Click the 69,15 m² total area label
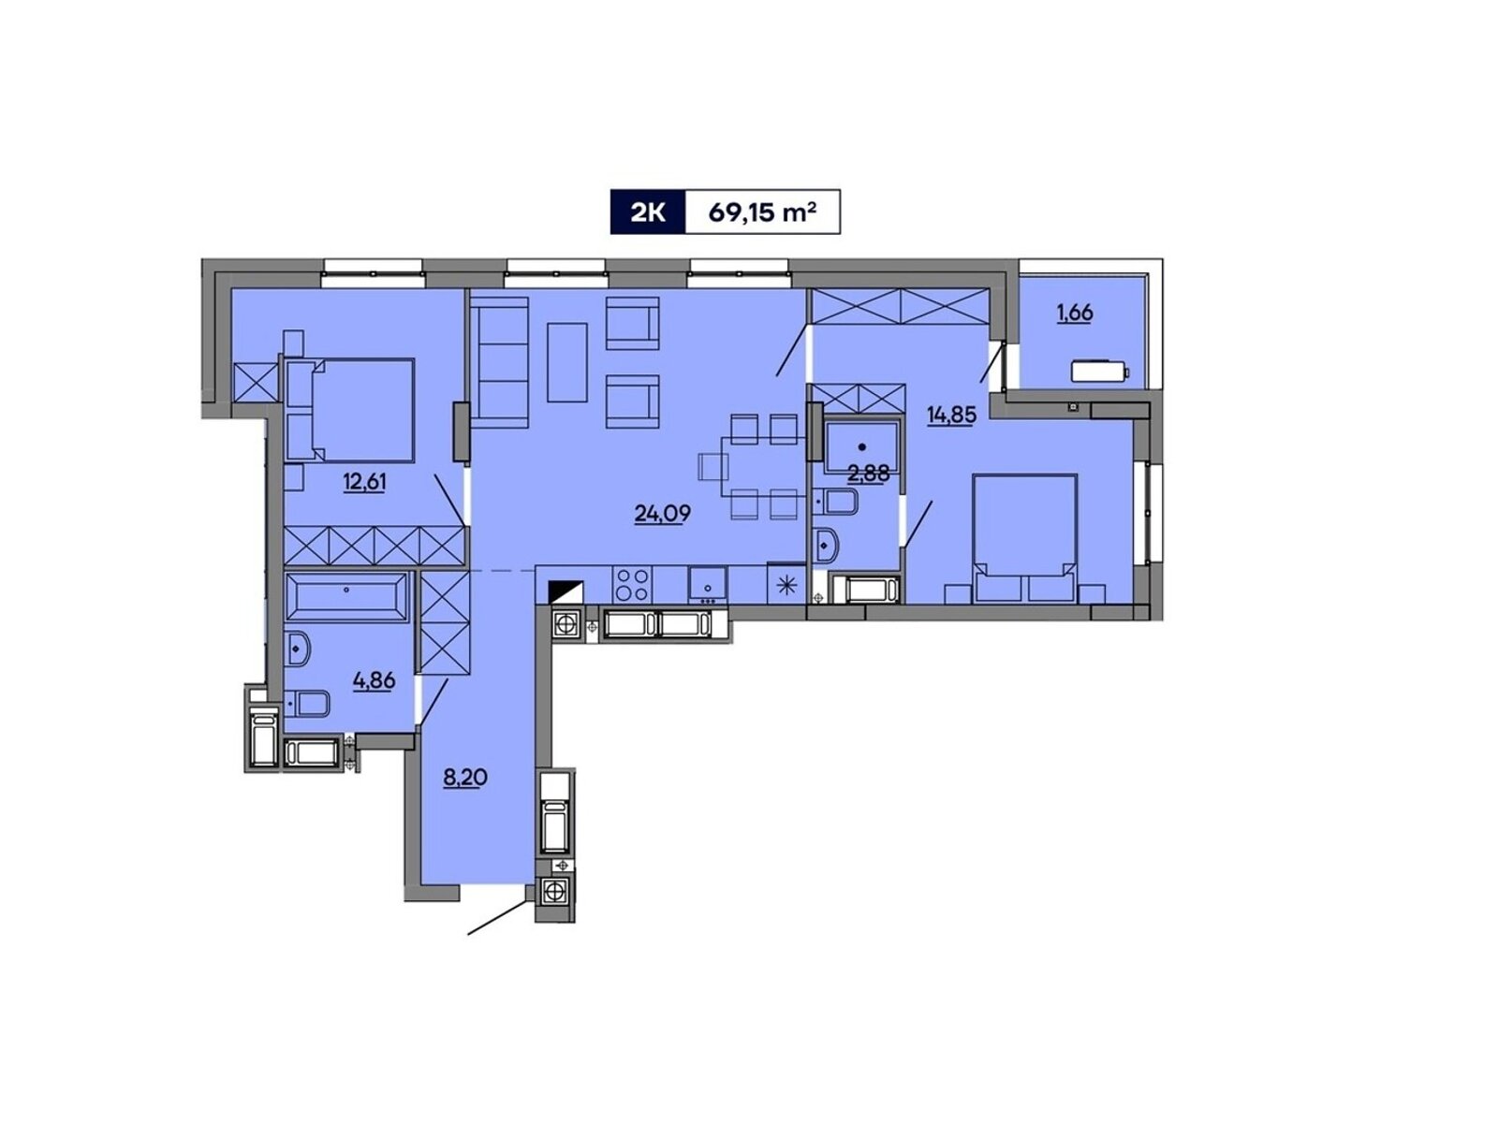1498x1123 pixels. coord(761,212)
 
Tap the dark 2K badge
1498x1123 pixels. coord(647,212)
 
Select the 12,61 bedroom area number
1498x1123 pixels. coord(364,482)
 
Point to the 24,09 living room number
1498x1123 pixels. coord(662,513)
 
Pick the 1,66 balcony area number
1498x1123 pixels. coord(1075,313)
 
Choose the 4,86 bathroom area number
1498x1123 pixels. coord(374,679)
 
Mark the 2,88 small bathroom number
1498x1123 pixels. coord(868,474)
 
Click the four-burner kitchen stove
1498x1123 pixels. coord(632,585)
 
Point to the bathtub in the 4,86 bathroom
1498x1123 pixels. coord(347,597)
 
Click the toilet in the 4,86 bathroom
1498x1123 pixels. coord(308,703)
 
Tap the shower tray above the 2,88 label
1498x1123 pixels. coord(862,447)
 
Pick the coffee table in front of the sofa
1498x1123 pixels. coord(567,362)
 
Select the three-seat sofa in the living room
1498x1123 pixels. coord(500,367)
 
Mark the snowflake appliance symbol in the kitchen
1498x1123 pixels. coord(786,585)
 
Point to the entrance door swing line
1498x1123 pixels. coord(497,917)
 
